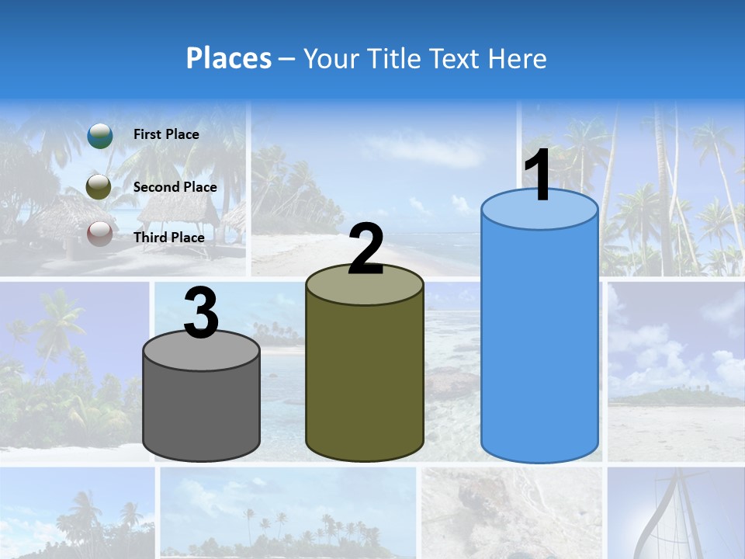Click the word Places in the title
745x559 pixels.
tap(229, 58)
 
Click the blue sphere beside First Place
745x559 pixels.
tap(100, 135)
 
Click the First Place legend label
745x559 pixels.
tap(166, 134)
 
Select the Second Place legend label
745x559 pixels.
tap(175, 187)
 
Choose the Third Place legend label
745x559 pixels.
tap(169, 238)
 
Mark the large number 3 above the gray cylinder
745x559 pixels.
tap(201, 314)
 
